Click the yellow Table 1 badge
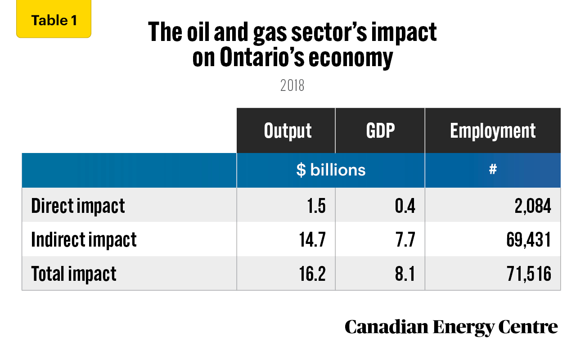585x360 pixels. point(54,19)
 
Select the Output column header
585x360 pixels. point(288,131)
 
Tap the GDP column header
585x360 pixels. point(380,130)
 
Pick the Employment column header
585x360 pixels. point(493,131)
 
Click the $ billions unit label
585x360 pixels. point(331,170)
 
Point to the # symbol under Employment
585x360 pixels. point(493,169)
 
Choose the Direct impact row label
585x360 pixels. point(78,207)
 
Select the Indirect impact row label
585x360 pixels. point(84,240)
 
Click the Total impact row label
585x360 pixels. point(74,274)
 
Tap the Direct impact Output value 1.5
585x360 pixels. point(316,206)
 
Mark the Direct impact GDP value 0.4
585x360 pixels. point(405,206)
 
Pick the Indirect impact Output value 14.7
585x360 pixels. point(312,239)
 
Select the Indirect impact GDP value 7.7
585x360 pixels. point(405,239)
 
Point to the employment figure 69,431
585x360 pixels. point(529,240)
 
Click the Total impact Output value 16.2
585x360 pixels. point(312,274)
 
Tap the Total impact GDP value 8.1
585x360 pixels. point(405,274)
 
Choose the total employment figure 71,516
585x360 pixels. point(529,274)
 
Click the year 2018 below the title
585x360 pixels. point(292,85)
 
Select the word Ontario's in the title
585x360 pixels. point(262,57)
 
